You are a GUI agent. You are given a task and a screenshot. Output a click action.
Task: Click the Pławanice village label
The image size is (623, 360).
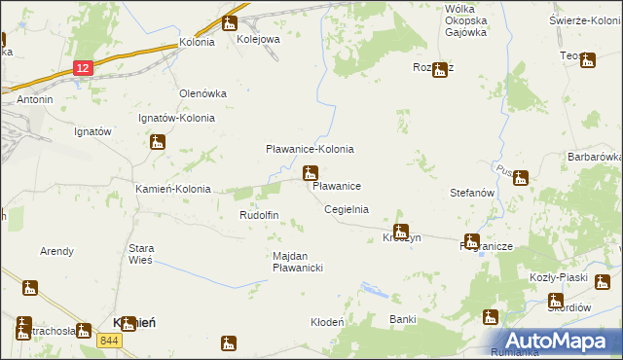338,185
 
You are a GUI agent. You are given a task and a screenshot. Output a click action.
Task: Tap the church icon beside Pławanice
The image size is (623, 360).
311,174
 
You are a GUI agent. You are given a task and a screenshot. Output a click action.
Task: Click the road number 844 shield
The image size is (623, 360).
109,340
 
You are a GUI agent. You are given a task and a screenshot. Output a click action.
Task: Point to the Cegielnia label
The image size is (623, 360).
346,209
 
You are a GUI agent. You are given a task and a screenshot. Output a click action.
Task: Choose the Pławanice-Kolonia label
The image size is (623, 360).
310,149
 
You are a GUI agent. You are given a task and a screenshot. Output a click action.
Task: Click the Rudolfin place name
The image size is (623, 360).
259,215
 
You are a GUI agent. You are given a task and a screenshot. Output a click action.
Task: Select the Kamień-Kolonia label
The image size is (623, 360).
172,189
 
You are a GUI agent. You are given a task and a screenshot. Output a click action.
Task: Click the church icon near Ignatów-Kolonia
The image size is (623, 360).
158,143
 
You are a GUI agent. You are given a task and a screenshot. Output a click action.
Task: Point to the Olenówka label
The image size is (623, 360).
202,93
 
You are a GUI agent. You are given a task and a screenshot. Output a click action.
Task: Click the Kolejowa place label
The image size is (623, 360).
258,40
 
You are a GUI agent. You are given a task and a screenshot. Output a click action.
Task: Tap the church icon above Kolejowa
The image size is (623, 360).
230,23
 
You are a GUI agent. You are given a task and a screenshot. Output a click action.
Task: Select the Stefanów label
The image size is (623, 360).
474,194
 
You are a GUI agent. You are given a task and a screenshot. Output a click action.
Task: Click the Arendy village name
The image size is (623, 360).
56,251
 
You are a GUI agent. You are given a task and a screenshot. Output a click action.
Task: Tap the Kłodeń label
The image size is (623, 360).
327,322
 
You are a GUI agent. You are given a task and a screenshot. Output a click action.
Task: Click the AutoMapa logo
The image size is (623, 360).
564,341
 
